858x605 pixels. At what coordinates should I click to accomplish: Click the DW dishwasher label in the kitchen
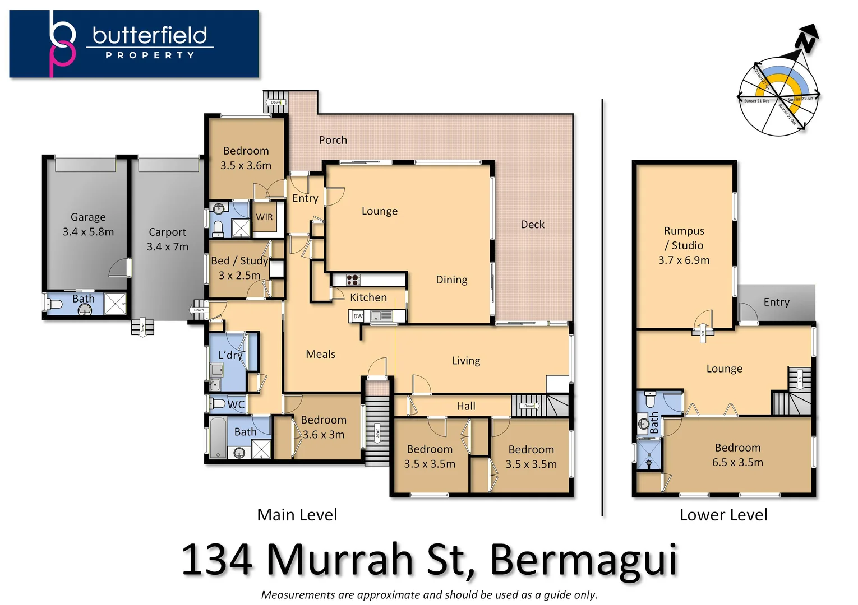tap(358, 317)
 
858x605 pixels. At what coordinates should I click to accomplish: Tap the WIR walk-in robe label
tap(264, 217)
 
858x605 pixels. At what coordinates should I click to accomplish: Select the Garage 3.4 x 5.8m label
tap(88, 225)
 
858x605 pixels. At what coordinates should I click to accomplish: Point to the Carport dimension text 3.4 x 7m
tap(168, 246)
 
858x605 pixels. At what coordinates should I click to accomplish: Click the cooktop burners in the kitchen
tap(353, 280)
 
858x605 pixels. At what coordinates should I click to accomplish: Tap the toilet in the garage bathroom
tap(54, 304)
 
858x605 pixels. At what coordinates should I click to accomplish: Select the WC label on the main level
tap(236, 404)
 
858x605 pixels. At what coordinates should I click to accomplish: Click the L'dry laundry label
tap(230, 355)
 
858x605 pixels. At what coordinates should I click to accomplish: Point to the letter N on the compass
tap(806, 41)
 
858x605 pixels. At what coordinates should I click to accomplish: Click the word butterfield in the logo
tap(150, 35)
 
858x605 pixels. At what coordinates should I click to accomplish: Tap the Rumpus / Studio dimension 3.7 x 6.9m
tap(684, 260)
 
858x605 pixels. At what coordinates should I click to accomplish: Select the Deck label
tap(532, 225)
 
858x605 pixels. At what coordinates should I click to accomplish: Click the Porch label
tap(333, 140)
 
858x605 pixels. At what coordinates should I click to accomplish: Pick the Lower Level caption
tap(723, 515)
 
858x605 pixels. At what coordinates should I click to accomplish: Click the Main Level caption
tap(297, 515)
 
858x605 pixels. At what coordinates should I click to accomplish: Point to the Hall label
tap(465, 406)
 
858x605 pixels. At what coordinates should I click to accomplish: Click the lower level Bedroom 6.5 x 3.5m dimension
tap(737, 462)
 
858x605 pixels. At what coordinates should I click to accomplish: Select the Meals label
tap(320, 354)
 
